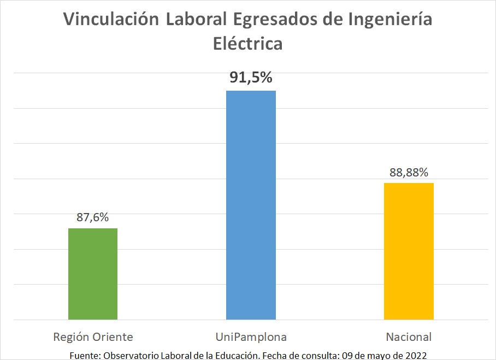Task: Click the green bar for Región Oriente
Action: (93, 274)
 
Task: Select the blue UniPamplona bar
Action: (251, 205)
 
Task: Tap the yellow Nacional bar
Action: (409, 251)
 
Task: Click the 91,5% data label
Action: (251, 78)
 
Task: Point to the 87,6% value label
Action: (93, 217)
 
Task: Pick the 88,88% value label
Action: (409, 172)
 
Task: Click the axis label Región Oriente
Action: (93, 336)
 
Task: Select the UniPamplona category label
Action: (251, 336)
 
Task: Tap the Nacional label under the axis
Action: (409, 336)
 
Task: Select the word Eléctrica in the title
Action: (247, 43)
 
